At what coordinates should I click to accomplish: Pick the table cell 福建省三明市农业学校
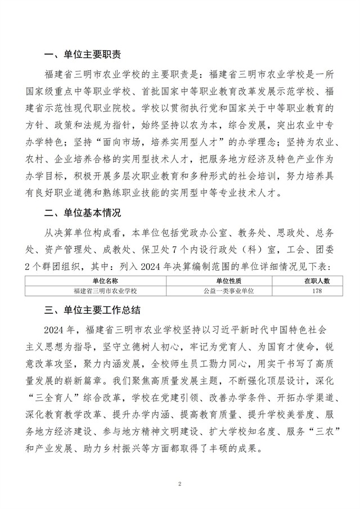tap(104, 291)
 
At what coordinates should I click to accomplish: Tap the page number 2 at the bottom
tap(179, 483)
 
